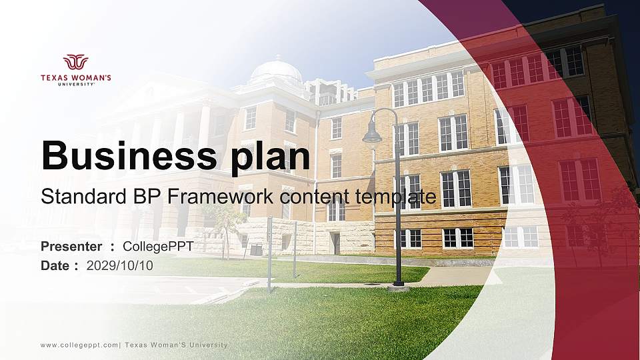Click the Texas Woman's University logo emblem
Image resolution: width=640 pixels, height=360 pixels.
(x=75, y=62)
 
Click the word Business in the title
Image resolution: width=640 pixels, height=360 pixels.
(x=123, y=156)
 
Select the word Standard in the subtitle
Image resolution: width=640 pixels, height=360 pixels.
(x=74, y=197)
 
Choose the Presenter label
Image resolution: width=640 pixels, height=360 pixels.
(x=71, y=247)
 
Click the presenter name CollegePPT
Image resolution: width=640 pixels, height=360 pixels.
(x=158, y=247)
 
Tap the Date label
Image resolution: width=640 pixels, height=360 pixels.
(x=55, y=265)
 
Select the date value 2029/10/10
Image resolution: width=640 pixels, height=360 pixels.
(x=120, y=265)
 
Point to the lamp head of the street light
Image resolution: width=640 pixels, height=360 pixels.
(x=371, y=135)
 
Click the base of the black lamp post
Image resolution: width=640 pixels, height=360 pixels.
(x=399, y=286)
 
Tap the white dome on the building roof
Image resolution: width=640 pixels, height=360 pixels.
(x=275, y=70)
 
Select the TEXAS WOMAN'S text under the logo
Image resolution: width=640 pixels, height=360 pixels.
(x=75, y=78)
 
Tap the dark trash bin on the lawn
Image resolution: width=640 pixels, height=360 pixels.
(x=256, y=250)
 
